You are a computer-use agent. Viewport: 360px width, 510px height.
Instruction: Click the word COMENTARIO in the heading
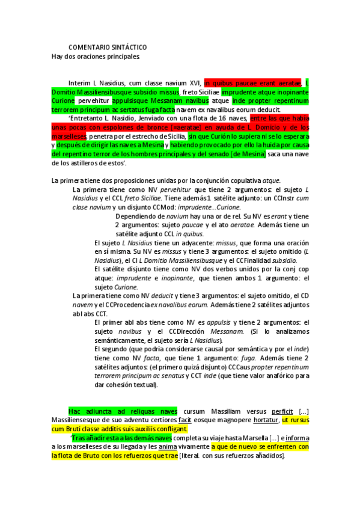(89, 47)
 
